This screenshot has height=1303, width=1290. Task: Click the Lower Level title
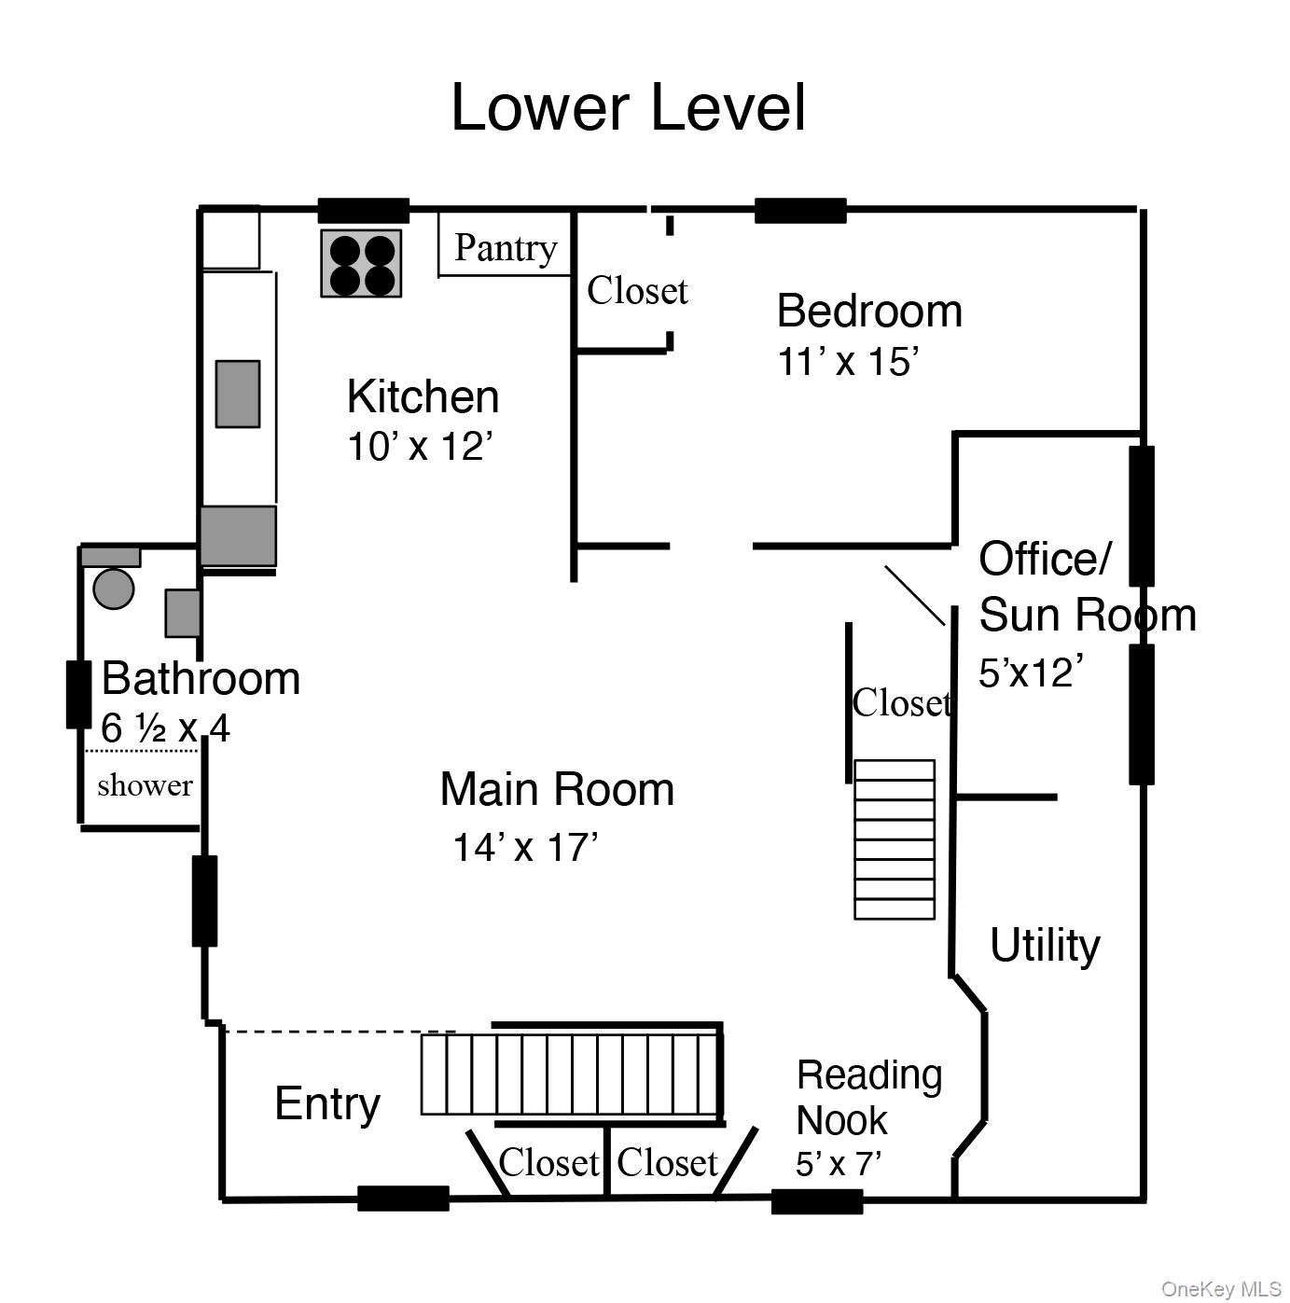pyautogui.click(x=628, y=107)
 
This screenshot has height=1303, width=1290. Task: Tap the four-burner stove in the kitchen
pyautogui.click(x=361, y=264)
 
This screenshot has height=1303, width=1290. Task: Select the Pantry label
pyautogui.click(x=505, y=248)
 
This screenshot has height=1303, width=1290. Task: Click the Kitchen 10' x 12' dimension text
pyautogui.click(x=419, y=447)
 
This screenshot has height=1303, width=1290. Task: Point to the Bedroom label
pyautogui.click(x=868, y=311)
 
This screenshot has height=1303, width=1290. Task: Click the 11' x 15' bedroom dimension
pyautogui.click(x=848, y=362)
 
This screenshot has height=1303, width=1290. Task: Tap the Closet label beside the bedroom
pyautogui.click(x=637, y=291)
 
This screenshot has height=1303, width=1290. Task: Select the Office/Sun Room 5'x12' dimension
pyautogui.click(x=1031, y=672)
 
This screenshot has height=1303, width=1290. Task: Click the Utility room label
pyautogui.click(x=1044, y=945)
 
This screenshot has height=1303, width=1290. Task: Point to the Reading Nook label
pyautogui.click(x=867, y=1098)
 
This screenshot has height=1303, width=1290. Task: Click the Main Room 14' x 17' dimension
pyautogui.click(x=525, y=848)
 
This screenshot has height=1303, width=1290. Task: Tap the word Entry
pyautogui.click(x=326, y=1103)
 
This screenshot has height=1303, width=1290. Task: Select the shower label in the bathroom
pyautogui.click(x=145, y=785)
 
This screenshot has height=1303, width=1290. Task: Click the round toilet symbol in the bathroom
pyautogui.click(x=114, y=589)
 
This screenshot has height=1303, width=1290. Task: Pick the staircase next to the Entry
pyautogui.click(x=571, y=1074)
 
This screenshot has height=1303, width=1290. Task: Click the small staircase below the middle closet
pyautogui.click(x=894, y=839)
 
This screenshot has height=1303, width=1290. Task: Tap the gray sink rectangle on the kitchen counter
pyautogui.click(x=238, y=394)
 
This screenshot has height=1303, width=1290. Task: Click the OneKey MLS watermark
pyautogui.click(x=1220, y=1289)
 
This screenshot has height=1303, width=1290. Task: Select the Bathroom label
pyautogui.click(x=201, y=678)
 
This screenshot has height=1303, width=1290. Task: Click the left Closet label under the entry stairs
pyautogui.click(x=548, y=1163)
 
